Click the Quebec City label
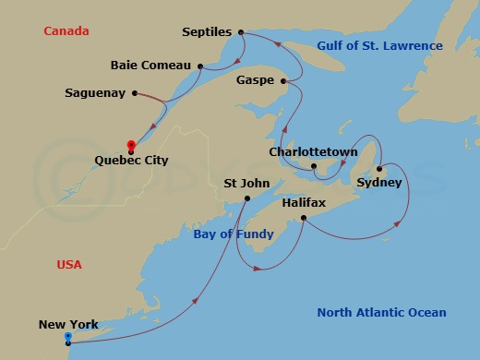(x=132, y=159)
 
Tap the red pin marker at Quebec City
(x=131, y=145)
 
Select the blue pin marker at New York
(x=68, y=338)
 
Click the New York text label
(x=68, y=325)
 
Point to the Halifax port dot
(x=305, y=218)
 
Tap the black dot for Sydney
(x=378, y=169)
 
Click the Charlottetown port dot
(x=315, y=167)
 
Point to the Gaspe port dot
(x=286, y=81)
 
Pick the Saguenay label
(x=95, y=93)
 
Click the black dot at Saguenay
(x=135, y=93)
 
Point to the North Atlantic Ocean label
(x=381, y=313)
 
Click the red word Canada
(x=66, y=31)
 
